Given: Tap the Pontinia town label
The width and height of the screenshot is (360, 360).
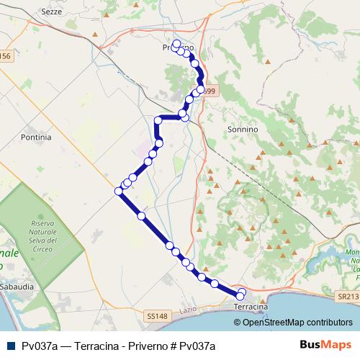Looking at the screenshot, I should click(x=37, y=136).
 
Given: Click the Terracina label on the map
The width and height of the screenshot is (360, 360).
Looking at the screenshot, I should click(x=251, y=307).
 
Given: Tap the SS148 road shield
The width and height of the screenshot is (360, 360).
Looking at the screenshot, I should click(x=156, y=316).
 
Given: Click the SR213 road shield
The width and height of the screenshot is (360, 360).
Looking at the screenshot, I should click(x=348, y=296).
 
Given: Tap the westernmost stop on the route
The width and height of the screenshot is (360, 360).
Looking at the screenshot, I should click(x=119, y=191).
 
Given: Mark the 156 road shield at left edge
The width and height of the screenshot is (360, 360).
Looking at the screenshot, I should click(x=6, y=56).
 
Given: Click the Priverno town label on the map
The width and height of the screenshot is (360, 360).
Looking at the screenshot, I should click(x=178, y=48).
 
